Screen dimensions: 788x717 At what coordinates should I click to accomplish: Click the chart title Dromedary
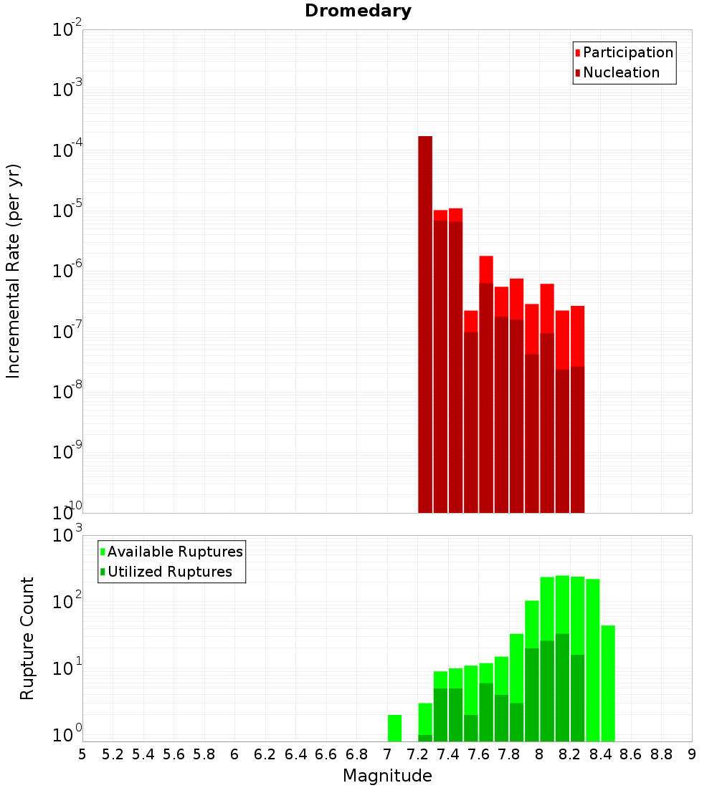(358, 11)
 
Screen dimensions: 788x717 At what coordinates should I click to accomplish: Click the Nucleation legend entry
(621, 72)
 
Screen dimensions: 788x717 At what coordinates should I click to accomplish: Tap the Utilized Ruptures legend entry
(169, 572)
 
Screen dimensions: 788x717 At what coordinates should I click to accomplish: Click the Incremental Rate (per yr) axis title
(14, 272)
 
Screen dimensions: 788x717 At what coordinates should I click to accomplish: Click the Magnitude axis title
(387, 776)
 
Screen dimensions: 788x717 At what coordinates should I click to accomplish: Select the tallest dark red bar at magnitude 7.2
(425, 322)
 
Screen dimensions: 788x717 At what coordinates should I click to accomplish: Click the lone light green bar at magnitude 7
(394, 728)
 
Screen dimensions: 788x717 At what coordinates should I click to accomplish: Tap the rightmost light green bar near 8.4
(608, 684)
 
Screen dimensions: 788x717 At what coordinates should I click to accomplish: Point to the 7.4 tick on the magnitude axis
(448, 754)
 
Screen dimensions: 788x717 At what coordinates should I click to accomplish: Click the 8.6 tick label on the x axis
(631, 754)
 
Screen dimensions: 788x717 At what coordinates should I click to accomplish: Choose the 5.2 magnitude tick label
(113, 754)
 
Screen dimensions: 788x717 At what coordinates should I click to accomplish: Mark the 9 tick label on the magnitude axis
(692, 754)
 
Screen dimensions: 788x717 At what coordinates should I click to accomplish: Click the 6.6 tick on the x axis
(326, 754)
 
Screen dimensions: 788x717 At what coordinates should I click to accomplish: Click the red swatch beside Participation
(578, 53)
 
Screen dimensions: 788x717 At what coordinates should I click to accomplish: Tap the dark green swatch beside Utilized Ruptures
(103, 572)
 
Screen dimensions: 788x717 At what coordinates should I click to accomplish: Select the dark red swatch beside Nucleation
(578, 73)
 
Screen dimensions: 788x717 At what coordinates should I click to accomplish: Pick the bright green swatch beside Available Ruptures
(103, 552)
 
